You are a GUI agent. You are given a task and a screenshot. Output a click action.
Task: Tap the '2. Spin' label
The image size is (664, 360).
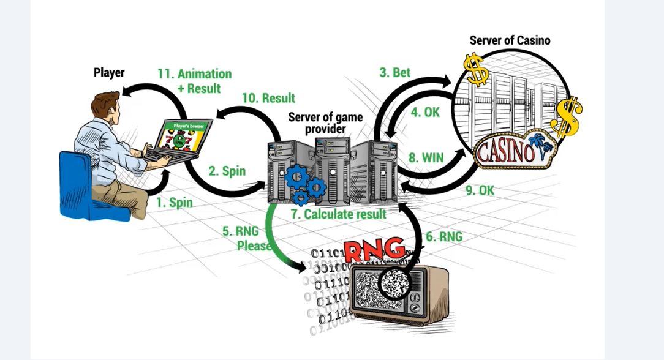tap(227, 171)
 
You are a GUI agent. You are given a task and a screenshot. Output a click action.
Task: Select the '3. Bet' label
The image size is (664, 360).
tap(394, 72)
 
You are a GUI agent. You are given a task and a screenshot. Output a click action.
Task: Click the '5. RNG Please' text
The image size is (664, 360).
tap(246, 238)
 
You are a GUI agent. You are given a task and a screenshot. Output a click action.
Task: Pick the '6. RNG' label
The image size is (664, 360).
tap(443, 236)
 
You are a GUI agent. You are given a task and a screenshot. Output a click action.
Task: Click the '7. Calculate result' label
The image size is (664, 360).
tap(338, 214)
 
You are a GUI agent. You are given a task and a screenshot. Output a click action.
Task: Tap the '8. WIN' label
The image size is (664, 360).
tap(426, 157)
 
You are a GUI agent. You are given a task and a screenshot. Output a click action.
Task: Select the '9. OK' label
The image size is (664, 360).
tap(480, 190)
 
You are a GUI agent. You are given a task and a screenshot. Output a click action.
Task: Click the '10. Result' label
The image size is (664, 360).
tap(268, 98)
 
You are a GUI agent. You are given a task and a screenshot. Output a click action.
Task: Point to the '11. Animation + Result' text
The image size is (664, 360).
tap(195, 81)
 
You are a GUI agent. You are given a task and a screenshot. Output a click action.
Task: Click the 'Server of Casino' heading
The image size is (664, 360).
tap(510, 40)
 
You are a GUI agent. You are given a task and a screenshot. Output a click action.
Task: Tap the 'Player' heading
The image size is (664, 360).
tap(109, 72)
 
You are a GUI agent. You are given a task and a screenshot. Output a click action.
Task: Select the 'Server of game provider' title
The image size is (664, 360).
tap(325, 123)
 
